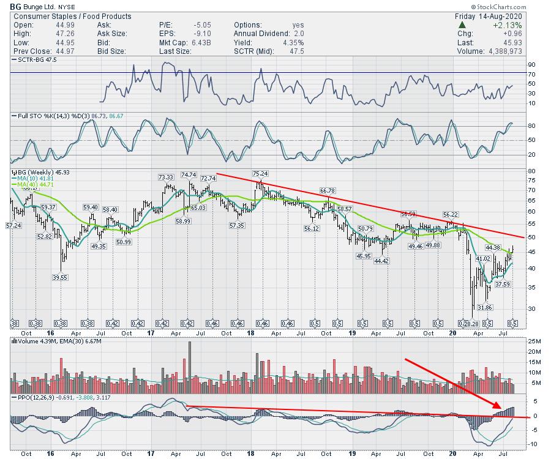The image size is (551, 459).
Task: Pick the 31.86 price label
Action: [485, 307]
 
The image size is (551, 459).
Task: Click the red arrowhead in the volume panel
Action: [498, 406]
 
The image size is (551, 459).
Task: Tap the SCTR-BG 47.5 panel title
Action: [33, 60]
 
